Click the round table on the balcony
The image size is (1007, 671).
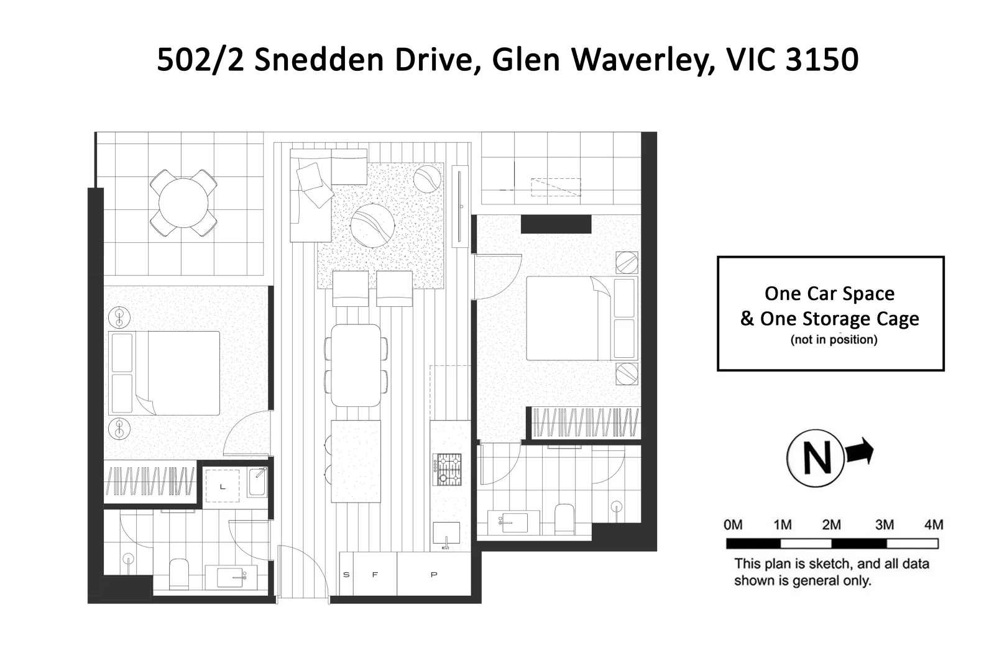(x=183, y=203)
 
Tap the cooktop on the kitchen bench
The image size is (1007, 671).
(x=448, y=469)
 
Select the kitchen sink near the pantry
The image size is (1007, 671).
(x=446, y=534)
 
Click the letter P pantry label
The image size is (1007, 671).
(x=433, y=575)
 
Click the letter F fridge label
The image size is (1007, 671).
(x=375, y=575)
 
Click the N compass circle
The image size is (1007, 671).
(x=816, y=458)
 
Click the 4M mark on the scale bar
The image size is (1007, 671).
(x=933, y=525)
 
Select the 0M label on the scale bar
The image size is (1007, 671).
(x=733, y=525)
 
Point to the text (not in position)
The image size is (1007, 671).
(x=834, y=340)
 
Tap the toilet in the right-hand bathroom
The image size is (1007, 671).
(x=564, y=519)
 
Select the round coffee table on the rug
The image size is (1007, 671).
(x=372, y=225)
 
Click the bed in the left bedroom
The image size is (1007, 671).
(x=165, y=373)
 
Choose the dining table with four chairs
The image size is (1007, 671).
(x=356, y=365)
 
